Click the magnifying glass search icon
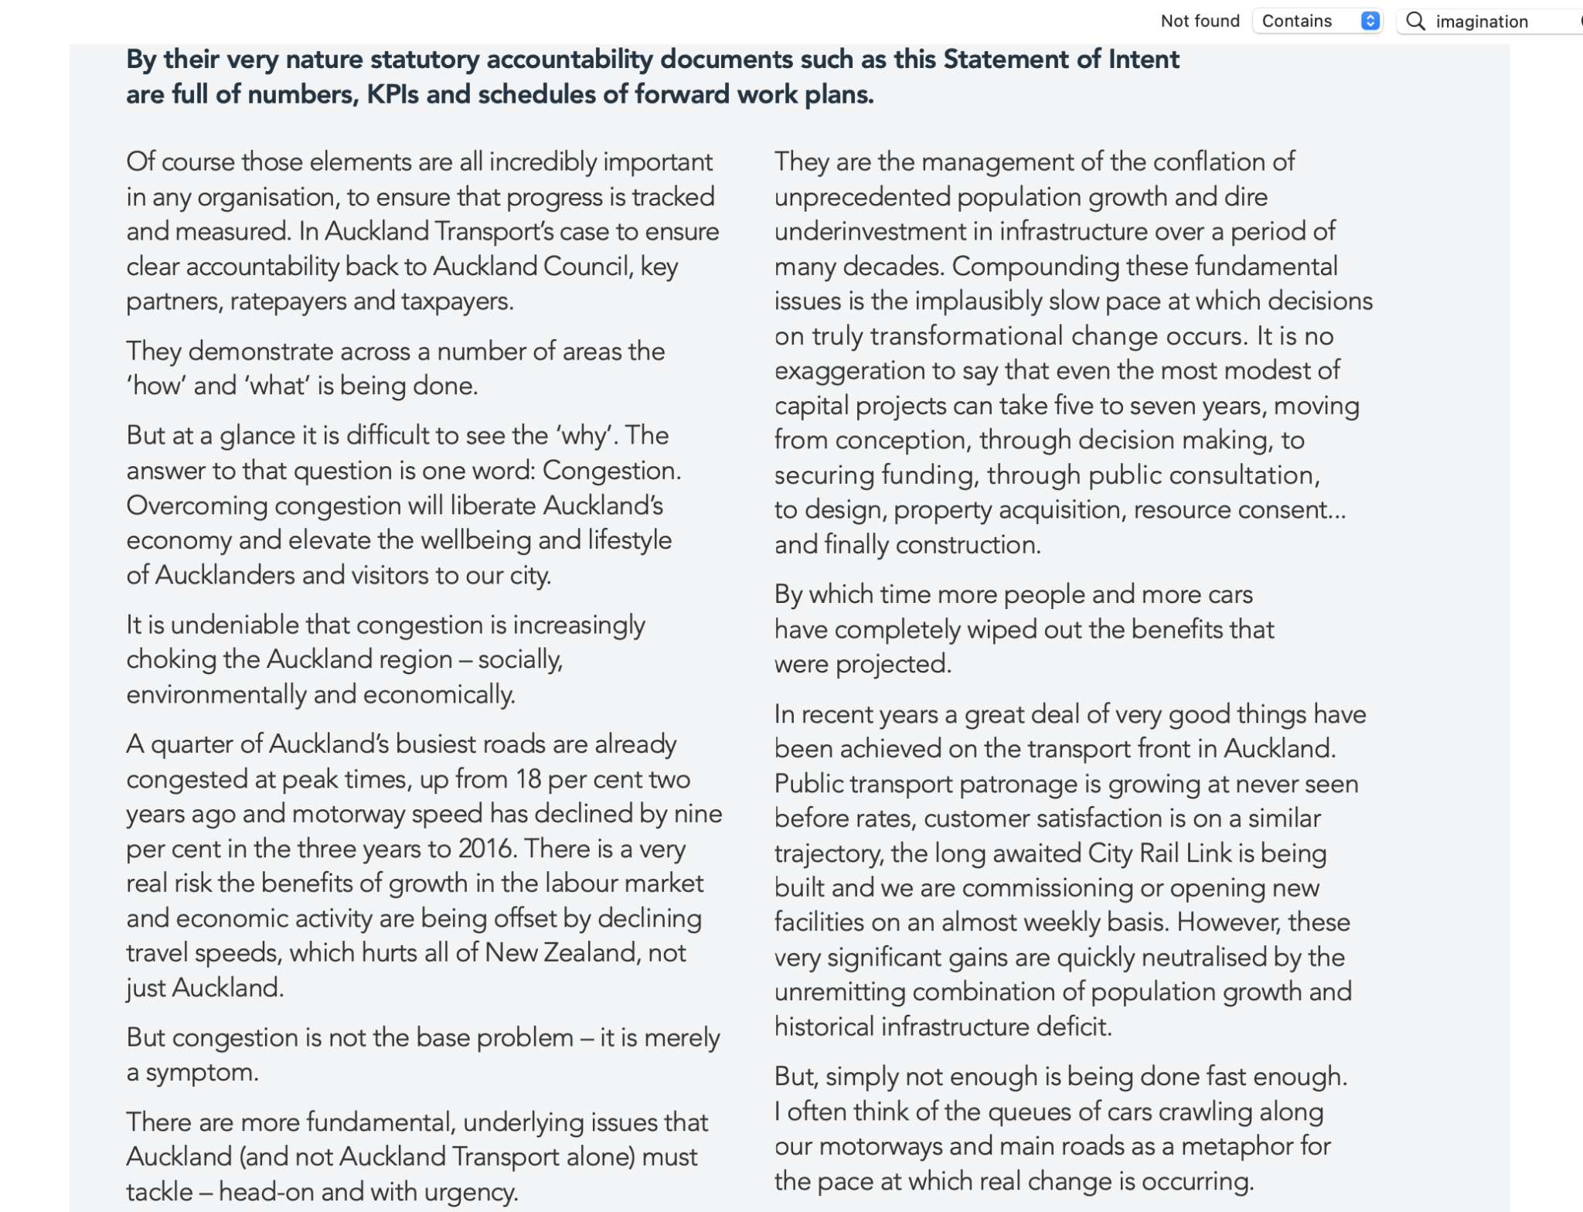click(1415, 21)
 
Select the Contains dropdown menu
click(1318, 21)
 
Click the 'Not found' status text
click(1200, 21)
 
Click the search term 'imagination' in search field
click(1481, 22)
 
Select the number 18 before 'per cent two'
click(529, 779)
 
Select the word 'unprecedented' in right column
click(862, 197)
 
